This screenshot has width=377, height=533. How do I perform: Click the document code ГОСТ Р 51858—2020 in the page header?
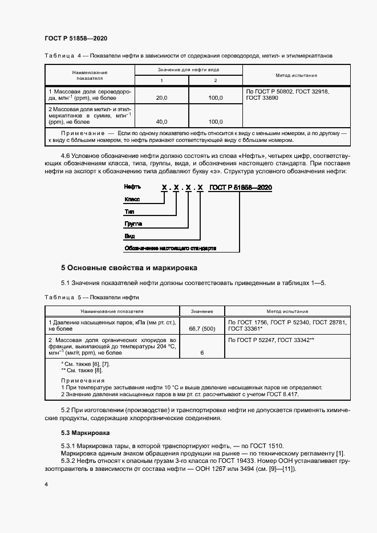click(x=76, y=39)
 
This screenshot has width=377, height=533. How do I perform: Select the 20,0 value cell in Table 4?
click(x=161, y=98)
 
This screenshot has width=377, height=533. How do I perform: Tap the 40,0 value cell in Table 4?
click(x=161, y=121)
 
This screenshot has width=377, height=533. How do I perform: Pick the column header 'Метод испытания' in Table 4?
click(x=296, y=75)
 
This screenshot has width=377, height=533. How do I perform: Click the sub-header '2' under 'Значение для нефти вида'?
click(x=215, y=80)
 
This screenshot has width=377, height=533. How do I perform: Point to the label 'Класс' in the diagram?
click(x=132, y=199)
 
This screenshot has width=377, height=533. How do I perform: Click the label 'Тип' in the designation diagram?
click(x=129, y=211)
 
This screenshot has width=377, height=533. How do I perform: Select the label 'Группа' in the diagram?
click(x=134, y=223)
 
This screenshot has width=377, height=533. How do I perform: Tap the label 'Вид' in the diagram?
click(x=129, y=236)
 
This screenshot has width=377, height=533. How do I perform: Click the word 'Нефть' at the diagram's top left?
click(x=133, y=187)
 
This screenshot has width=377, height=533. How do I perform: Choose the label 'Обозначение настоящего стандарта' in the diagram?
click(x=170, y=249)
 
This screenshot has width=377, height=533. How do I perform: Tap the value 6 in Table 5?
click(x=201, y=353)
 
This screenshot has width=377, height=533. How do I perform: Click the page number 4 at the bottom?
click(x=46, y=485)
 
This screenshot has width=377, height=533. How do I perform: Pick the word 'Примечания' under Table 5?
click(x=83, y=380)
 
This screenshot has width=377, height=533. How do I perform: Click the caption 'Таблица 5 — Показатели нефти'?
click(x=91, y=298)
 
